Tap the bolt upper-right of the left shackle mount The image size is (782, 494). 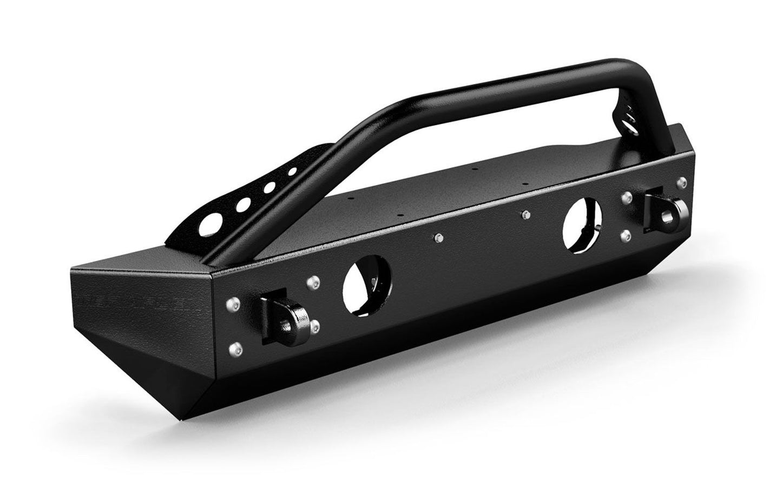point(312,281)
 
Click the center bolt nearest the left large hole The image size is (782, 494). point(438,238)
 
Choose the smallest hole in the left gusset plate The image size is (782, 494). point(292,172)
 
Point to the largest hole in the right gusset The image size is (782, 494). point(630,125)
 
